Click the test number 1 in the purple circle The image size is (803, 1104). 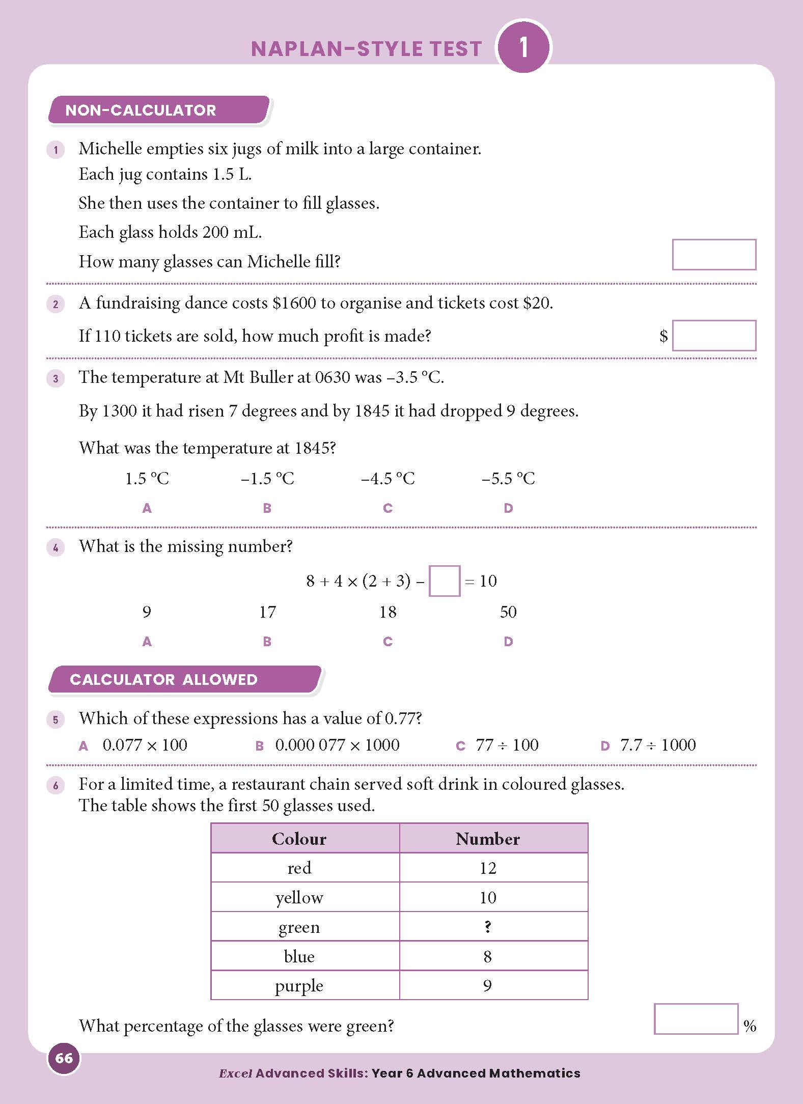click(523, 47)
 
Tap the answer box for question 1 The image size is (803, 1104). click(713, 255)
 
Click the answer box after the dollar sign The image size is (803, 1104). click(713, 336)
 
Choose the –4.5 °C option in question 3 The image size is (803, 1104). click(387, 479)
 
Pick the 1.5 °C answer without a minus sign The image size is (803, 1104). click(147, 479)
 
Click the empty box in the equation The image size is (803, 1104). click(444, 581)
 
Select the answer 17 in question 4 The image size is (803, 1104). click(267, 612)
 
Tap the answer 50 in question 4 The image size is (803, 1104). click(508, 612)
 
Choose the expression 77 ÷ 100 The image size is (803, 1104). click(507, 745)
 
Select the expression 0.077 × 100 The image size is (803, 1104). click(145, 745)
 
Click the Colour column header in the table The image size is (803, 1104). click(299, 839)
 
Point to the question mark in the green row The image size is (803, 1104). click(487, 927)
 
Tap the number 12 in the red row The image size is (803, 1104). click(487, 868)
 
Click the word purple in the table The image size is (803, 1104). click(299, 986)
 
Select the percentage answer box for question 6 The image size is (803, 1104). click(696, 1019)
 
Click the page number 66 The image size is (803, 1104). click(64, 1058)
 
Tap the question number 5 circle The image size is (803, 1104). click(56, 720)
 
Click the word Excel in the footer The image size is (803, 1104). click(235, 1073)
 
